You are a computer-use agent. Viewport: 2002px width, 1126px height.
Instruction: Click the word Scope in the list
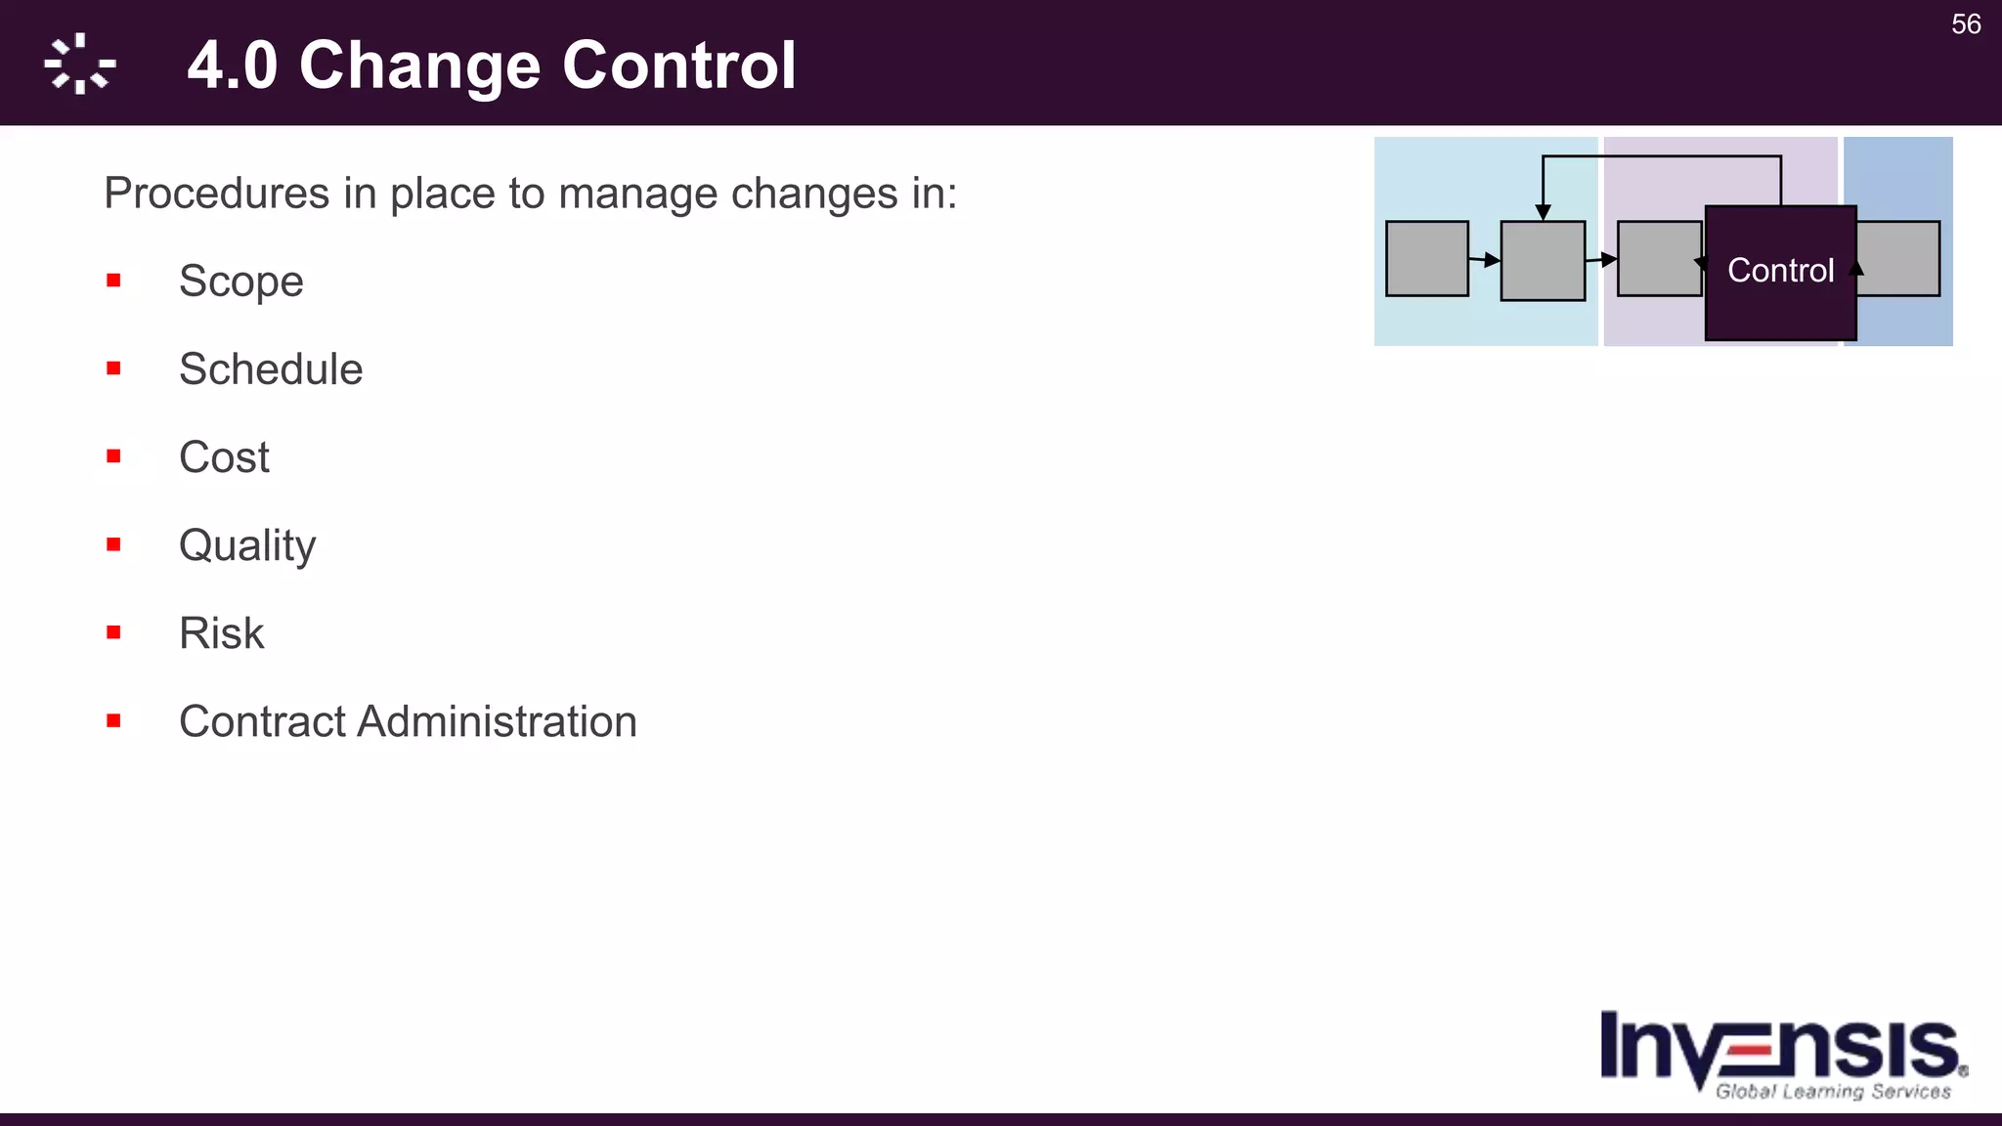pyautogui.click(x=240, y=281)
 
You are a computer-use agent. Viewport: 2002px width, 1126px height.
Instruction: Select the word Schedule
pyautogui.click(x=271, y=369)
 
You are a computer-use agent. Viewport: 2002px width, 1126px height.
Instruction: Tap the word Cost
pyautogui.click(x=224, y=457)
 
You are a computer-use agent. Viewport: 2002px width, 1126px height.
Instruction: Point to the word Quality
pyautogui.click(x=247, y=545)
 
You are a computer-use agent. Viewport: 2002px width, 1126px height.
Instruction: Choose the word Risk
pyautogui.click(x=221, y=633)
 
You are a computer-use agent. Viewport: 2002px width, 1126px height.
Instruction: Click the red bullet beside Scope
pyautogui.click(x=114, y=281)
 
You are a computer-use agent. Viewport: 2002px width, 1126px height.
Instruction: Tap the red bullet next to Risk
pyautogui.click(x=114, y=633)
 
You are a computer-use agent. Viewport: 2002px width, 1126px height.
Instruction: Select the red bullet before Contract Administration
pyautogui.click(x=114, y=721)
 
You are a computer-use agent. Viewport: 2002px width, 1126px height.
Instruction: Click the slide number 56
pyautogui.click(x=1966, y=24)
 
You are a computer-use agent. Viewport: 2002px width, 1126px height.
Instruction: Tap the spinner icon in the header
pyautogui.click(x=80, y=65)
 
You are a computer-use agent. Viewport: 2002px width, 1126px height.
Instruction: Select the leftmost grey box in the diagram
pyautogui.click(x=1427, y=259)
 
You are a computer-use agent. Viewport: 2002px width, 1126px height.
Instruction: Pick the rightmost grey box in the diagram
pyautogui.click(x=1901, y=259)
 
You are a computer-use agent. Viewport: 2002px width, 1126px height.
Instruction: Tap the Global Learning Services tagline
pyautogui.click(x=1833, y=1092)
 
